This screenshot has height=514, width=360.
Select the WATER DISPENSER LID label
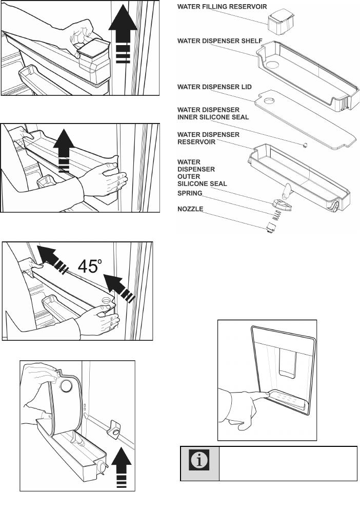pyautogui.click(x=214, y=87)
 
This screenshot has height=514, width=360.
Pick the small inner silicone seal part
pyautogui.click(x=306, y=145)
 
